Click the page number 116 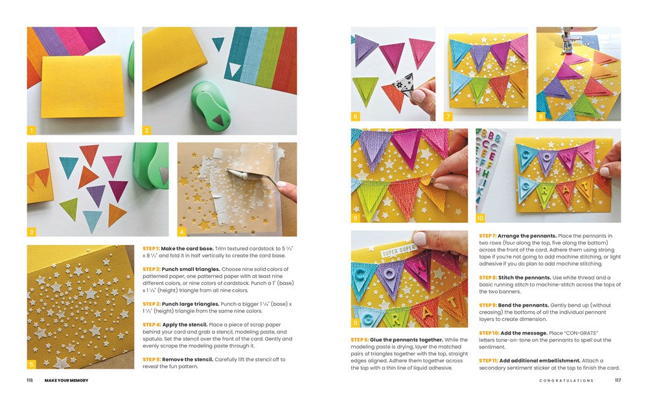(29, 380)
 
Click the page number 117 (618, 380)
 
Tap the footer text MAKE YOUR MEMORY (67, 380)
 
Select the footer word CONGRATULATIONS (566, 380)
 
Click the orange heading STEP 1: (151, 248)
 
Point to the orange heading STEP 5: (152, 359)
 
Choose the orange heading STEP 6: (360, 340)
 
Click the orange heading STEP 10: (489, 332)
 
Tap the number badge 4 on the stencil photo (182, 232)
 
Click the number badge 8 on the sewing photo (541, 117)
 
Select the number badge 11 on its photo (355, 323)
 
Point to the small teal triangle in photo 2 (218, 43)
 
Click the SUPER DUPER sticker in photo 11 (399, 250)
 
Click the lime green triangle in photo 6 (365, 91)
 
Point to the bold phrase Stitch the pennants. (524, 278)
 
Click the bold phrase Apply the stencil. (185, 325)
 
